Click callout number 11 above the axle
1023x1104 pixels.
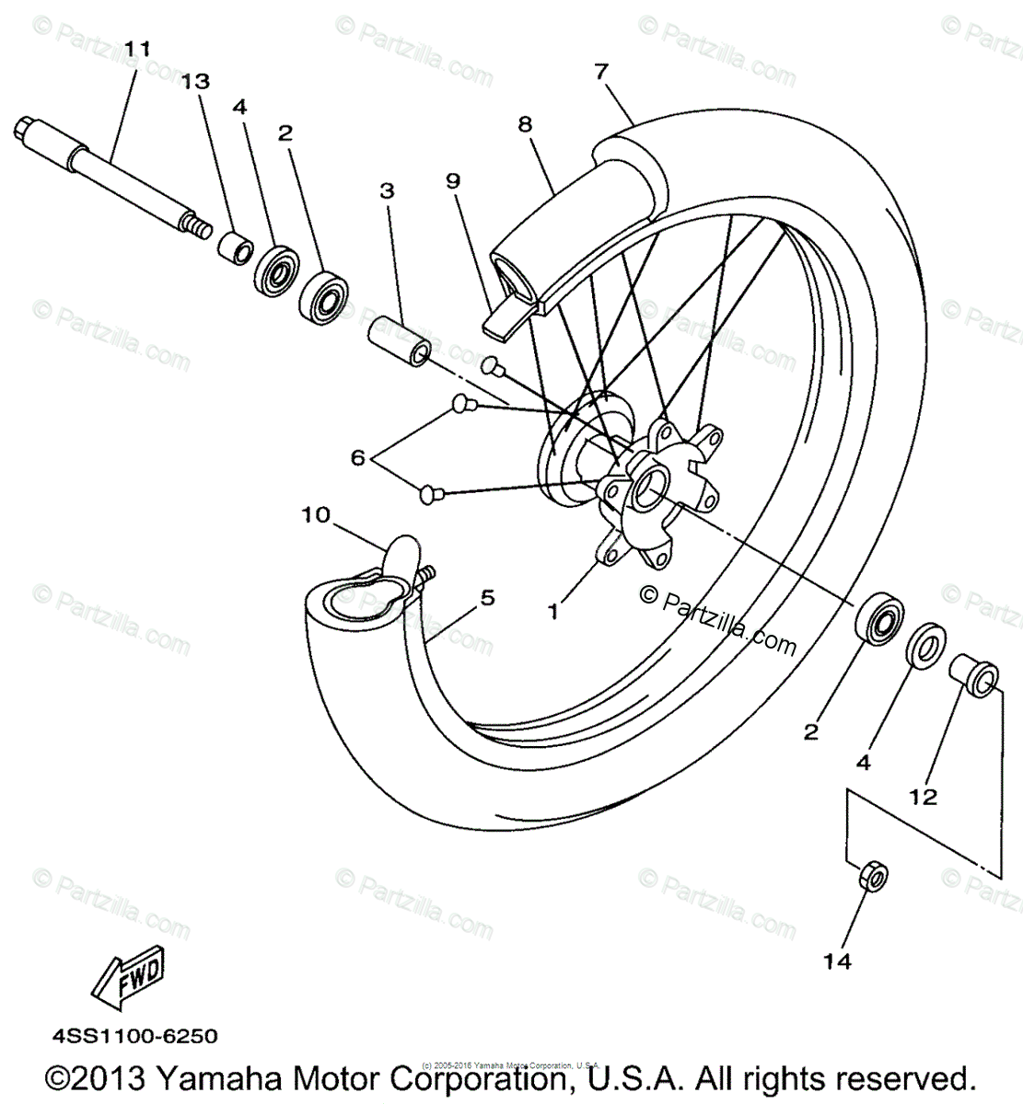(x=136, y=47)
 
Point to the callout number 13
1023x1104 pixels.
(x=195, y=82)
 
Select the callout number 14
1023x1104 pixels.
(x=837, y=961)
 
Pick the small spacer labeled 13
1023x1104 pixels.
(x=235, y=247)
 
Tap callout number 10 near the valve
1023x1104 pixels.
(x=315, y=514)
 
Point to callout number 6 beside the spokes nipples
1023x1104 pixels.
(x=356, y=456)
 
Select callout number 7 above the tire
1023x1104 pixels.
(x=601, y=71)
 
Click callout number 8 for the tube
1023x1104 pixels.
(x=525, y=124)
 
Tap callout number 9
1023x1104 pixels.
(x=452, y=180)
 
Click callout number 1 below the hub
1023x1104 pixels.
(x=553, y=610)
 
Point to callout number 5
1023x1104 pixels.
(x=486, y=598)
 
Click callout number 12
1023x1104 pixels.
(x=923, y=796)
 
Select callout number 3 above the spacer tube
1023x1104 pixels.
(x=387, y=190)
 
